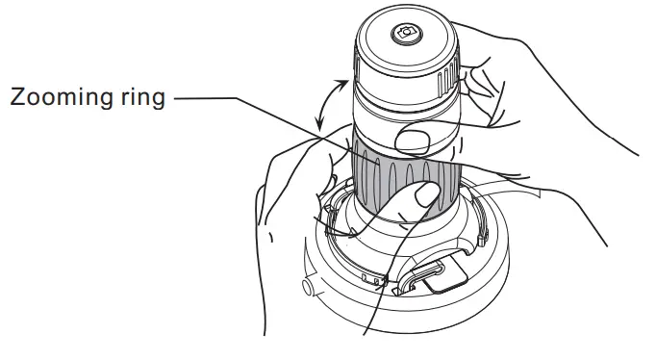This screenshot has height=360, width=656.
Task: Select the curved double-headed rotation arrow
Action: click(x=327, y=104)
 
